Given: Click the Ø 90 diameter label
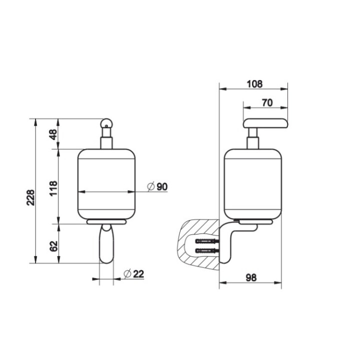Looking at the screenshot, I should [x=157, y=187].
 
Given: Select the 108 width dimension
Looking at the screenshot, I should [x=254, y=84].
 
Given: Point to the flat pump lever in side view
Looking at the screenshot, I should [x=265, y=123].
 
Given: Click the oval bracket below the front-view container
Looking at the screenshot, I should [x=107, y=244].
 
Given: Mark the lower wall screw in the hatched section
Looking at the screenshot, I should [x=207, y=250].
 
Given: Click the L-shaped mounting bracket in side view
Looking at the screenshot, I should [x=227, y=245].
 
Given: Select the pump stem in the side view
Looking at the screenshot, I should [x=253, y=138].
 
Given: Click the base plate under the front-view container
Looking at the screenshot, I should [x=107, y=221].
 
